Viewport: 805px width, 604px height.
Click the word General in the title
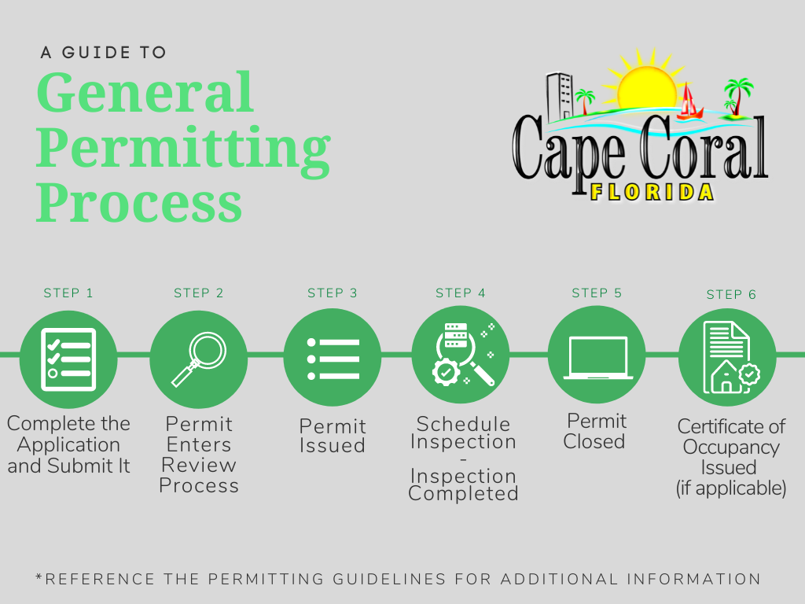(145, 93)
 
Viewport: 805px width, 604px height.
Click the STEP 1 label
(68, 293)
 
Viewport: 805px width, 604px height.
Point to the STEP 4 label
(461, 293)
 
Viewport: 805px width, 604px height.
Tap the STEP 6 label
(731, 295)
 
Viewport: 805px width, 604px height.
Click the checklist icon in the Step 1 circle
(68, 359)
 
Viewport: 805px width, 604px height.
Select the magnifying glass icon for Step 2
(198, 359)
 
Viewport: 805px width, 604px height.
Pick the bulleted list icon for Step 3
(333, 359)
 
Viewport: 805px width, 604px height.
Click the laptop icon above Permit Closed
(597, 356)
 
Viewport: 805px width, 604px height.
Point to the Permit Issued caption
(333, 436)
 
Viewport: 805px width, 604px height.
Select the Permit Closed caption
(597, 432)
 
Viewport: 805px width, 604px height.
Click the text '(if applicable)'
(731, 488)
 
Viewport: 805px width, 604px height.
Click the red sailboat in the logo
(689, 102)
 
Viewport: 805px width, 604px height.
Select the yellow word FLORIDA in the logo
(652, 191)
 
